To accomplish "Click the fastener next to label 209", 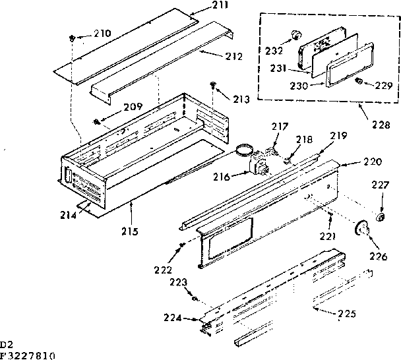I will coord(97,121).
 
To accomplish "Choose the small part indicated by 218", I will coord(288,158).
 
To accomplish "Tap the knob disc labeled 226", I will coord(361,229).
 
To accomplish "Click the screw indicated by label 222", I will coord(180,247).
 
